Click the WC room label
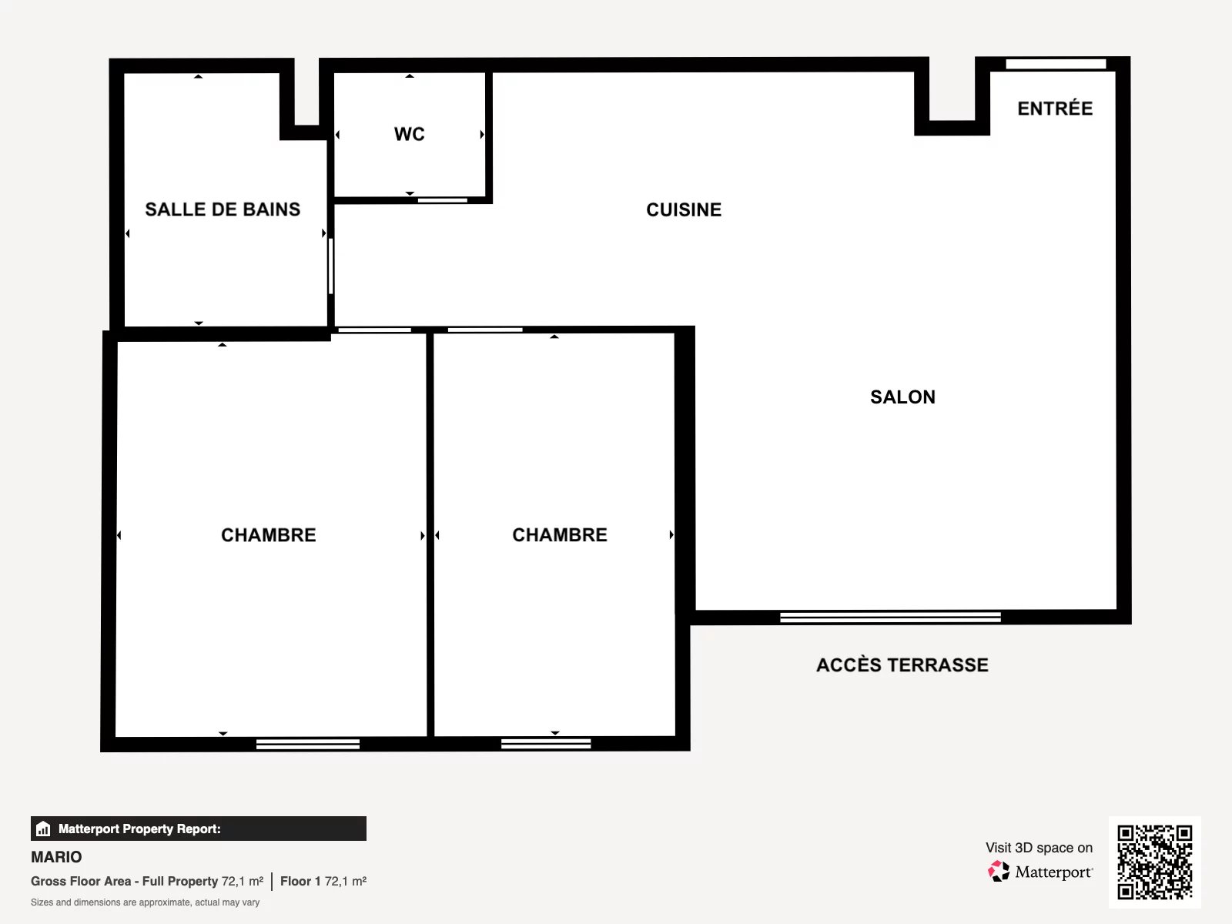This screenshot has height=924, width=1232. tap(409, 134)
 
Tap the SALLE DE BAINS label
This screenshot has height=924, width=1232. tap(223, 209)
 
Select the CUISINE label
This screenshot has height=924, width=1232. tap(684, 209)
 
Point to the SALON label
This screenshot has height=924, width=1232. tap(902, 397)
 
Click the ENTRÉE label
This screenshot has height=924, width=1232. tap(1055, 109)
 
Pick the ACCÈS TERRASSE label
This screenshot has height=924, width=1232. tap(902, 665)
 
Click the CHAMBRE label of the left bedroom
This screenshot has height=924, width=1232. tap(268, 535)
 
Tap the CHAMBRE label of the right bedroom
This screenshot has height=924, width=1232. tap(560, 534)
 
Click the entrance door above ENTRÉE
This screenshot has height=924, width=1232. tap(1056, 64)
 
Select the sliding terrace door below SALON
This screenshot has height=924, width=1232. tap(890, 617)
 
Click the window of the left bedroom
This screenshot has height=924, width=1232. tap(307, 744)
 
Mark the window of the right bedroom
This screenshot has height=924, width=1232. tap(546, 744)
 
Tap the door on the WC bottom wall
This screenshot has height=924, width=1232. tap(442, 200)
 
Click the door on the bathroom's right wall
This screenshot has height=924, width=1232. tap(331, 266)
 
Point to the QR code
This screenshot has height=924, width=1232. tap(1154, 862)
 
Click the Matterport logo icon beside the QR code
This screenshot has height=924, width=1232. tap(999, 872)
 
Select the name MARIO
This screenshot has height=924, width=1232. tap(56, 857)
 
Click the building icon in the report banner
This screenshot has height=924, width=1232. tap(43, 829)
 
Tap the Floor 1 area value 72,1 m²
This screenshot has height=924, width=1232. tap(345, 882)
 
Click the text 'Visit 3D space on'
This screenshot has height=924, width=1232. tap(1039, 848)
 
